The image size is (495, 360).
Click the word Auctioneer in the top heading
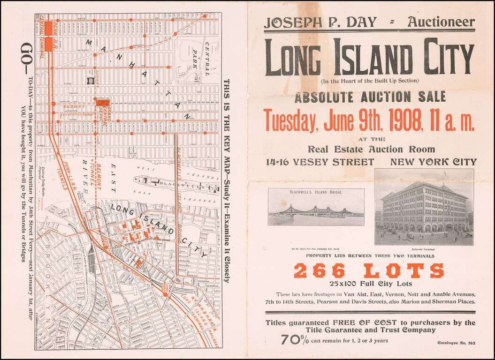[441, 22]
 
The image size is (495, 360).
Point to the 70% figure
[295, 340]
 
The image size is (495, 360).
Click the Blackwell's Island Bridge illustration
[316, 207]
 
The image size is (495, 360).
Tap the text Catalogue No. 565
[456, 343]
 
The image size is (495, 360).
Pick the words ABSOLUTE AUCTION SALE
[370, 97]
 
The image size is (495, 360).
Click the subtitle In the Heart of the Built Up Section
[369, 81]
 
